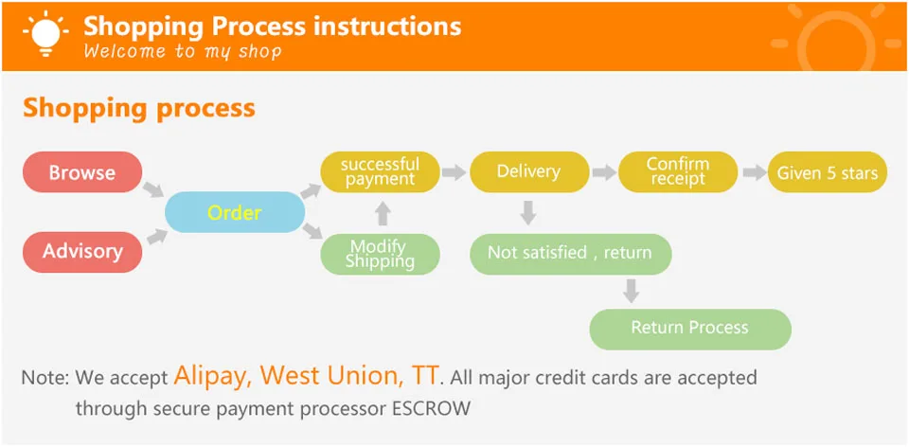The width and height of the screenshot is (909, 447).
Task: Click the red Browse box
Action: coord(82,172)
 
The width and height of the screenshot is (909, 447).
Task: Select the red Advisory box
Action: coord(82,252)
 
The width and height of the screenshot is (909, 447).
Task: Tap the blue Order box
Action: coord(235,212)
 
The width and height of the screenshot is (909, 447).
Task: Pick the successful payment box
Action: coord(381,172)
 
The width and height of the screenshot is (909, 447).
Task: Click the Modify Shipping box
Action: coord(381,254)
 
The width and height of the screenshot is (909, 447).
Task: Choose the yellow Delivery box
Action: coord(529,172)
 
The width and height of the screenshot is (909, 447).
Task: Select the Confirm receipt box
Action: coord(678,172)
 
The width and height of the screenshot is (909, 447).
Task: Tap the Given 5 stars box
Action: coord(828,172)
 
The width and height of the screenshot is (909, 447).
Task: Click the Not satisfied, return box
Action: coord(570,254)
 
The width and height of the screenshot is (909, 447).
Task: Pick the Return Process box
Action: coord(690,329)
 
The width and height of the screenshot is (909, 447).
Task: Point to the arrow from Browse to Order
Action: coord(153,189)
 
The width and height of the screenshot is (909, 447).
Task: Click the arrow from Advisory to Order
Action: coord(156,237)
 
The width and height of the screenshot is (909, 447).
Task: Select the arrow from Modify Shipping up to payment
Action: coord(382,214)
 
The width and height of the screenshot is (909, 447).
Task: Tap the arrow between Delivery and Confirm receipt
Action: coord(603,172)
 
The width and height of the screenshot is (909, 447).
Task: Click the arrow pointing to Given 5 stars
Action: coord(754,172)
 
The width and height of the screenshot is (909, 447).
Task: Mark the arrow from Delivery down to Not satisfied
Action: coord(527,213)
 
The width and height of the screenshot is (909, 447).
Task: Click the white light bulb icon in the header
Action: coord(45,32)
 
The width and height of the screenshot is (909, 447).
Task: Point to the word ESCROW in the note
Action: coord(432,408)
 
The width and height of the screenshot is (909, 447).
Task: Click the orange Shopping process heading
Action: coord(139,108)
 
